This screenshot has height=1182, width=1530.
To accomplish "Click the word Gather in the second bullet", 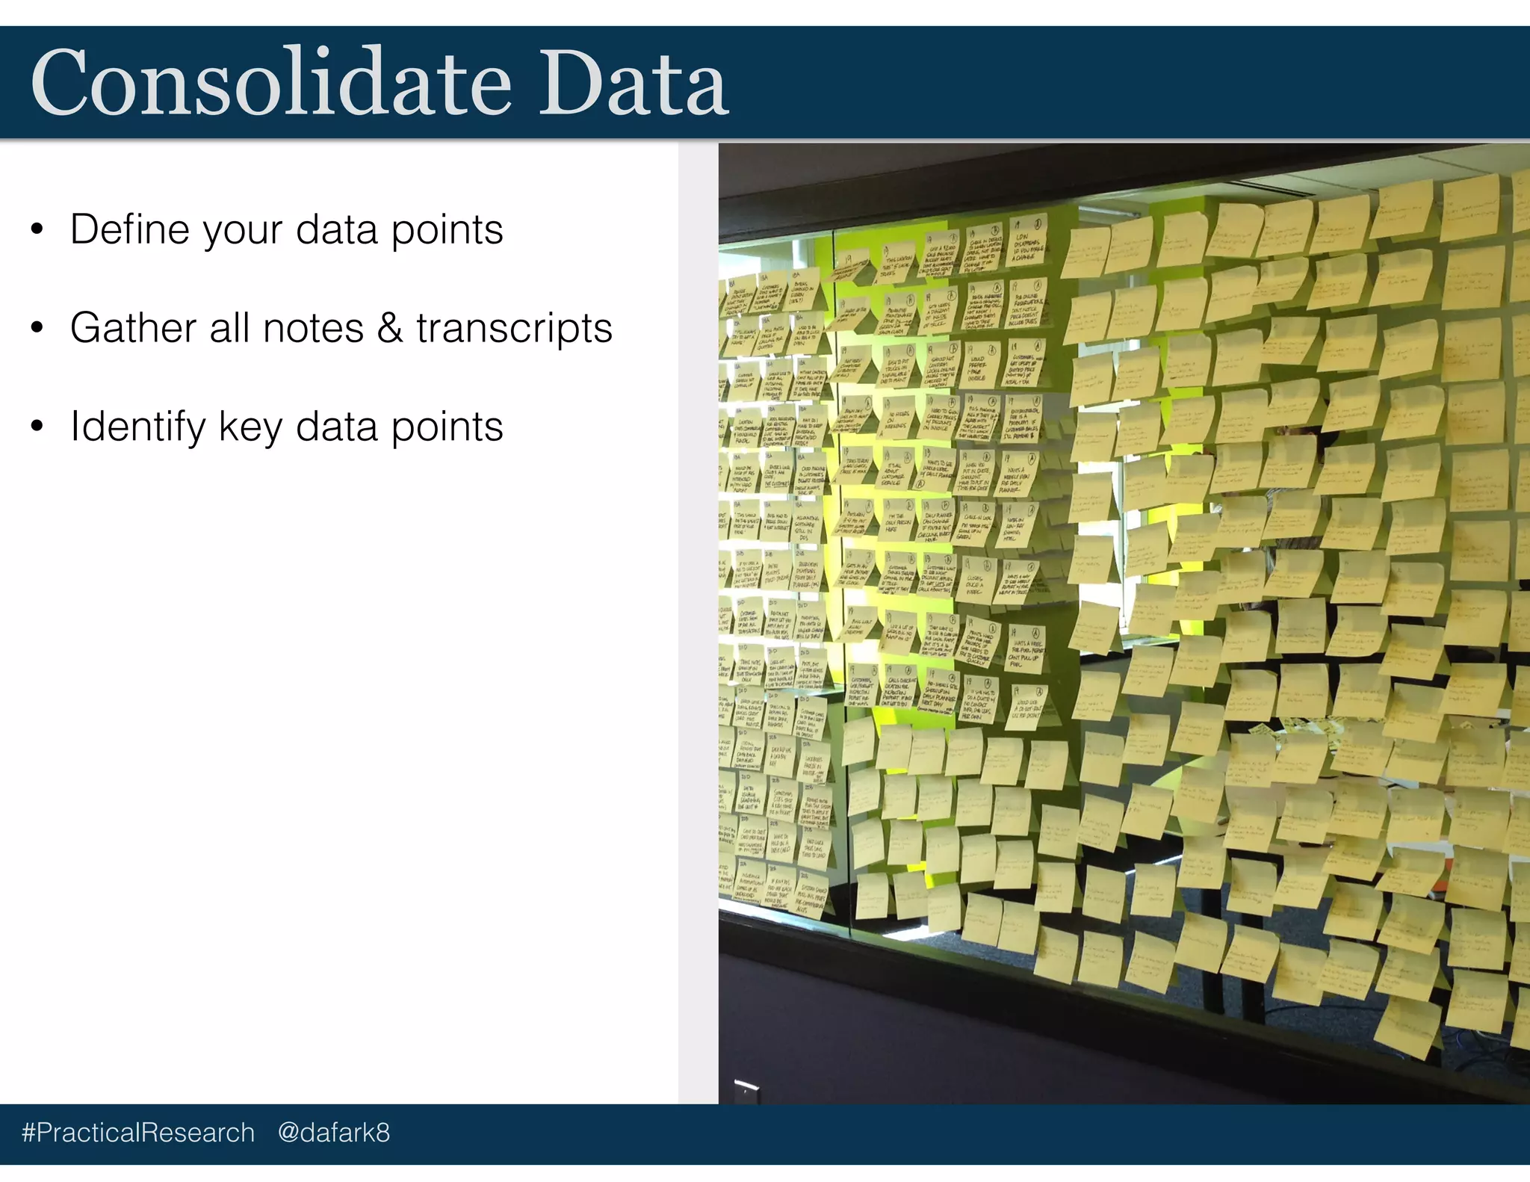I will (x=132, y=328).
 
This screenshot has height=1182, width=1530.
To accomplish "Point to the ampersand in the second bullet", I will (x=390, y=328).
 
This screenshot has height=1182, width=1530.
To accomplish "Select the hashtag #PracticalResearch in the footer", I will (x=138, y=1133).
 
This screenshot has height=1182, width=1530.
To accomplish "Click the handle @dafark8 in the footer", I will (x=333, y=1133).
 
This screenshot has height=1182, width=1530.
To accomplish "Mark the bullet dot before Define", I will (x=37, y=229).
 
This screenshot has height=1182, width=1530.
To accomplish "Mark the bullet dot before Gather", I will (x=37, y=328).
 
